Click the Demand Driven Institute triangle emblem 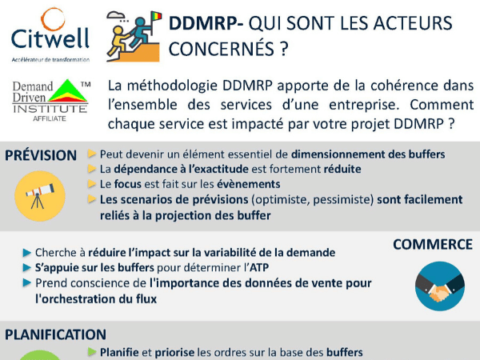coord(67,90)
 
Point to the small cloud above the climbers coord(116,14)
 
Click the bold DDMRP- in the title coord(206,23)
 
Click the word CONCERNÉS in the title coord(221,49)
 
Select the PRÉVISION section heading coord(41,155)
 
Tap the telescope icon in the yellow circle coord(40,196)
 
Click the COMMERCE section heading coord(433,244)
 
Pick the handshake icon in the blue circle coord(440,286)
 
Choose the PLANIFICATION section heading coord(56,334)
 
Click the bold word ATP coord(259,267)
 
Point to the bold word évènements coord(249,184)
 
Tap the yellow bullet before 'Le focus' coord(92,184)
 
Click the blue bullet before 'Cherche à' coord(27,253)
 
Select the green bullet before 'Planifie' coord(92,352)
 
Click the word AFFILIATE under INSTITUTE coord(50,118)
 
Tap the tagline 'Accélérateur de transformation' coord(50,60)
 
